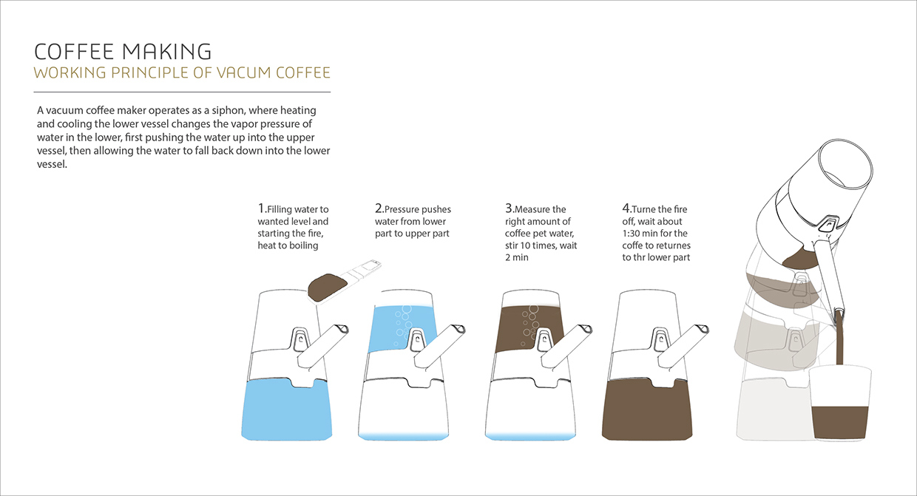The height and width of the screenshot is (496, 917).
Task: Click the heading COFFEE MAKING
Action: pos(123,51)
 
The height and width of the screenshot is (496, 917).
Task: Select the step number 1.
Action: pos(261,208)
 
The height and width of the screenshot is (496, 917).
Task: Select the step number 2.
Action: pos(379,208)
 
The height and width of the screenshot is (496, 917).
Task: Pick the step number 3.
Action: pos(509,208)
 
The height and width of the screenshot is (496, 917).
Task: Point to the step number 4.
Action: pos(626,208)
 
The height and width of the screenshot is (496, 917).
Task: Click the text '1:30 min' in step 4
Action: pos(639,234)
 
